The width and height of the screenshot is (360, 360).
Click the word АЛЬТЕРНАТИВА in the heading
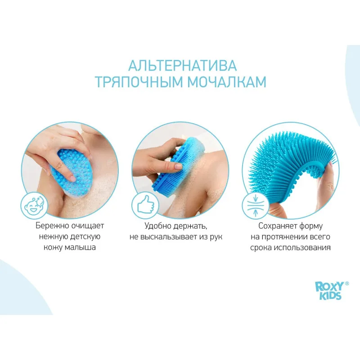(x=182, y=65)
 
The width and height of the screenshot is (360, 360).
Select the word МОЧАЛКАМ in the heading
(x=227, y=82)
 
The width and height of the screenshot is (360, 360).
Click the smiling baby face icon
(x=34, y=206)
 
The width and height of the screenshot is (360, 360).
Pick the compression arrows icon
(x=256, y=205)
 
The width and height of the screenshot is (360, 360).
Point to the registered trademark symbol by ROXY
(x=347, y=283)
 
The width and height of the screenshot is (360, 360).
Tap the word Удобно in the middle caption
(x=158, y=226)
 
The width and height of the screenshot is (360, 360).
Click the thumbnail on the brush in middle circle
(x=178, y=166)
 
